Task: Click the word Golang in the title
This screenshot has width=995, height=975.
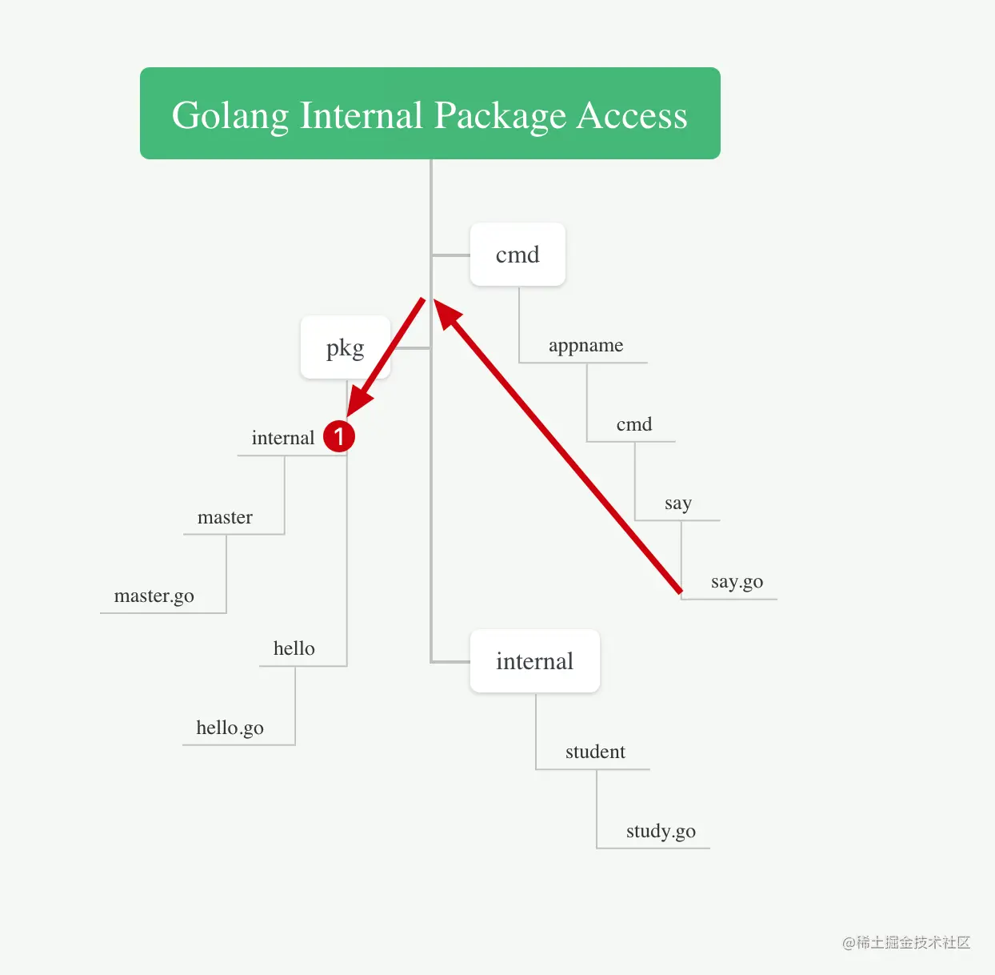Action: click(x=230, y=116)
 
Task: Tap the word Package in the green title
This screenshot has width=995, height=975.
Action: click(x=501, y=116)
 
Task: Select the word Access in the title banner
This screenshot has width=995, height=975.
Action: click(x=632, y=116)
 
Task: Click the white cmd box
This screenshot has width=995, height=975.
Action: click(x=517, y=255)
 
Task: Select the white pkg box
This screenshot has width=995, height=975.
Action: click(x=345, y=347)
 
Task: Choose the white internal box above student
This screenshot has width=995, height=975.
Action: click(x=534, y=661)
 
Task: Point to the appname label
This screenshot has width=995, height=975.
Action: click(x=585, y=345)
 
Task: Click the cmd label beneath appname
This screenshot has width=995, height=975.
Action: click(x=633, y=424)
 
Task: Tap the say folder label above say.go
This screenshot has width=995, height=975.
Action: click(x=677, y=503)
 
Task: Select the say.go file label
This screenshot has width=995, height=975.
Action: click(x=737, y=581)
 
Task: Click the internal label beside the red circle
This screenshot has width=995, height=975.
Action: click(x=282, y=438)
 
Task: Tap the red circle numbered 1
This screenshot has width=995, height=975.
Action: click(x=339, y=436)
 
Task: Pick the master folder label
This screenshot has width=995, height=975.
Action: click(x=225, y=517)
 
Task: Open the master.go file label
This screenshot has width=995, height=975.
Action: click(x=154, y=596)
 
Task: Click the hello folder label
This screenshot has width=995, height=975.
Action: click(x=294, y=648)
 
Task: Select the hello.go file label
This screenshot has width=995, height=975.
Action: click(x=230, y=728)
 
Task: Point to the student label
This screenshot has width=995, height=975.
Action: click(x=595, y=752)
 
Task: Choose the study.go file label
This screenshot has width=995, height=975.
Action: click(x=661, y=831)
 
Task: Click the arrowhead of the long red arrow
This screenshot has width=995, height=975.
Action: click(x=447, y=313)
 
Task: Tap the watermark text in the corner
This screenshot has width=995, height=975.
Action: click(x=905, y=942)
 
